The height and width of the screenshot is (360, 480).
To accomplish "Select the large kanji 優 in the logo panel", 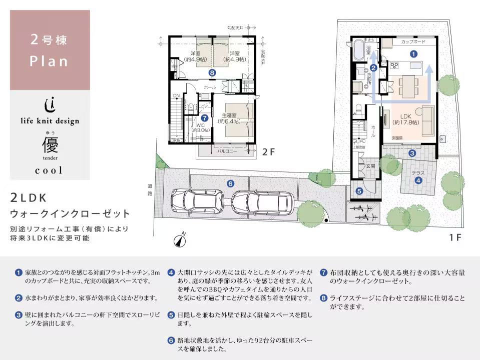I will (x=50, y=145).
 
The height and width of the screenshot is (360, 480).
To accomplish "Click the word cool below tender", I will (x=49, y=170).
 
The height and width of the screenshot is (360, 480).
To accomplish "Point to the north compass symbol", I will (x=180, y=240).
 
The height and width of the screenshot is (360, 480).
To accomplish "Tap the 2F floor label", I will (x=269, y=152).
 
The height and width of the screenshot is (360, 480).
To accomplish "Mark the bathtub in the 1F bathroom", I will (x=358, y=50).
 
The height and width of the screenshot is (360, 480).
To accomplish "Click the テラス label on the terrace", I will (x=418, y=173).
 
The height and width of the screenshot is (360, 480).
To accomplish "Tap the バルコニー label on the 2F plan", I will (x=227, y=150).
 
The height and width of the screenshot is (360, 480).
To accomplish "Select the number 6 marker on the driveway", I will (x=230, y=183).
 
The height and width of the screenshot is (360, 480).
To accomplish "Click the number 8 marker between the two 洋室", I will (x=213, y=72).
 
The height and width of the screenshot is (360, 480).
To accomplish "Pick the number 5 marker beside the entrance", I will (x=359, y=190).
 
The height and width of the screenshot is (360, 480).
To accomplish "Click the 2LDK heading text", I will (x=30, y=197).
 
